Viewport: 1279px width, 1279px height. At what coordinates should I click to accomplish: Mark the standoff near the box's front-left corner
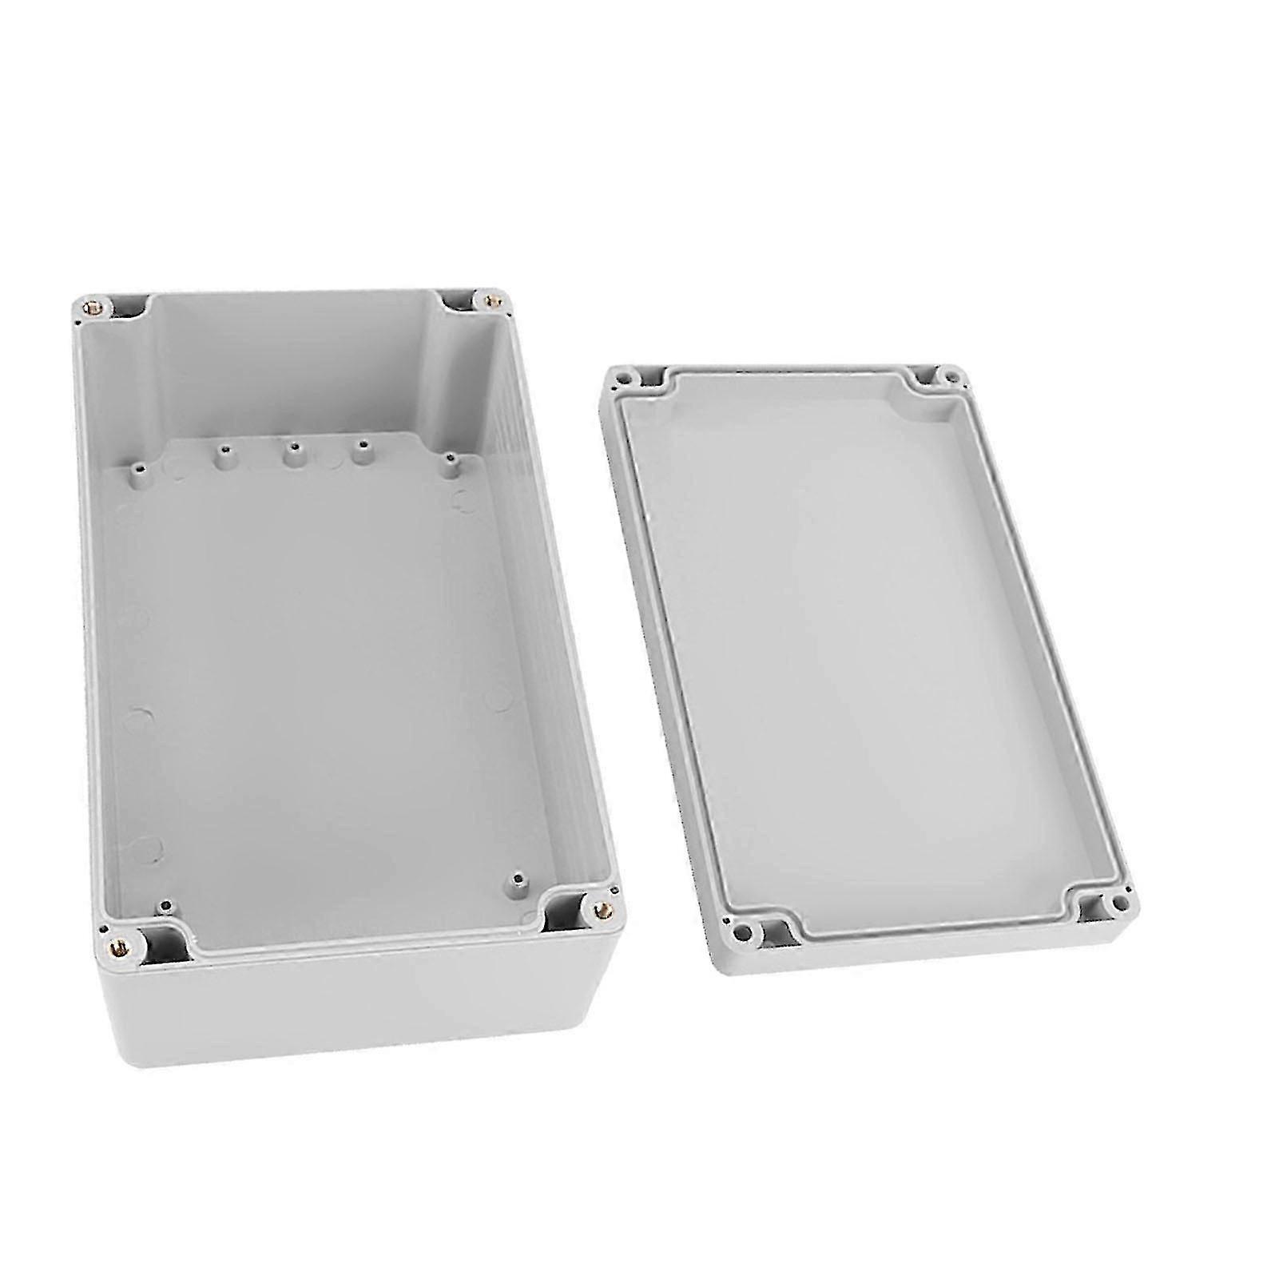tap(165, 905)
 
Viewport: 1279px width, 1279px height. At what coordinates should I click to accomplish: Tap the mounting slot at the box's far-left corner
tap(128, 304)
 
